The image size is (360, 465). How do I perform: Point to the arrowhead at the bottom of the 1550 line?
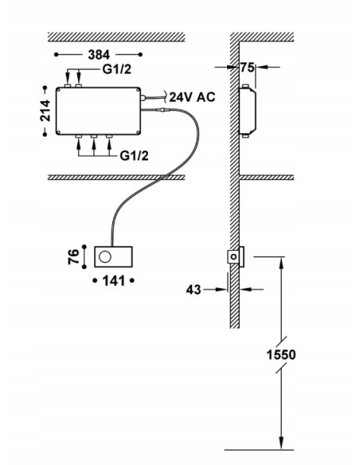(280, 447)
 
